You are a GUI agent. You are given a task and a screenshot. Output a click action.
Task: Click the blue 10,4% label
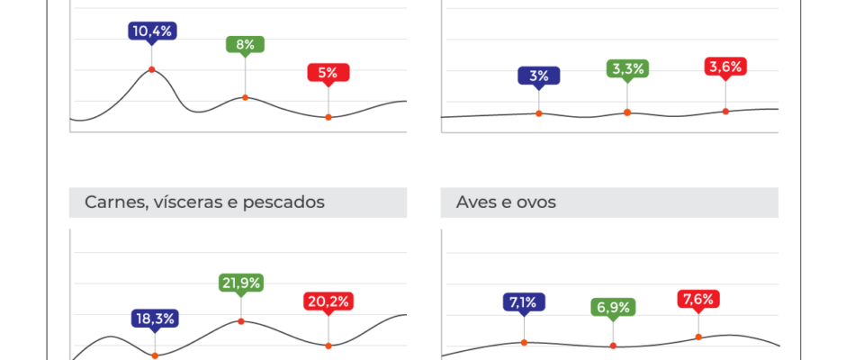151,31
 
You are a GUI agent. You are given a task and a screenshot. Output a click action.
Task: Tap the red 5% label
328,74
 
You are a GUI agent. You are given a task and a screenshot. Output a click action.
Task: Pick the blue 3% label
539,76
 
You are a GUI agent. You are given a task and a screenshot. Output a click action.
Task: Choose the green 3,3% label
627,67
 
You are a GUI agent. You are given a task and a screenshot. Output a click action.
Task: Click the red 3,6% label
725,66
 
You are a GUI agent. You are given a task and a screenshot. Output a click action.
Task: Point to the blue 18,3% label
154,318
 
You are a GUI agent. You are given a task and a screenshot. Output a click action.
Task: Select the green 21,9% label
240,283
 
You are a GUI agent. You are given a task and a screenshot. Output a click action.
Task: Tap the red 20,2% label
328,301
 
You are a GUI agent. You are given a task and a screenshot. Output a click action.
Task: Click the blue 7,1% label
524,301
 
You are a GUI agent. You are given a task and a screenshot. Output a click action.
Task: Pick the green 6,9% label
613,307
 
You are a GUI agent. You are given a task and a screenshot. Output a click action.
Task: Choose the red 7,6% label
698,299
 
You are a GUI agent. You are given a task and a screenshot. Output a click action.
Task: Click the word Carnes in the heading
113,202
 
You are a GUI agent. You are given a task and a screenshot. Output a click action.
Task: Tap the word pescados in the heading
282,202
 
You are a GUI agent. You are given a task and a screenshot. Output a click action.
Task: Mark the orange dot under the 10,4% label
151,69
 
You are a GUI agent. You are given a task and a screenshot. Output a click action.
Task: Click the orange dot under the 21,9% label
240,321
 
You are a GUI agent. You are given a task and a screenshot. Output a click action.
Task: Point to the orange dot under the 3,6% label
725,112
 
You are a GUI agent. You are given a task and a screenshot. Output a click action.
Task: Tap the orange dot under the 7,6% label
698,337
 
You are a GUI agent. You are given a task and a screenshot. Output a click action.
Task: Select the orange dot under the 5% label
328,117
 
